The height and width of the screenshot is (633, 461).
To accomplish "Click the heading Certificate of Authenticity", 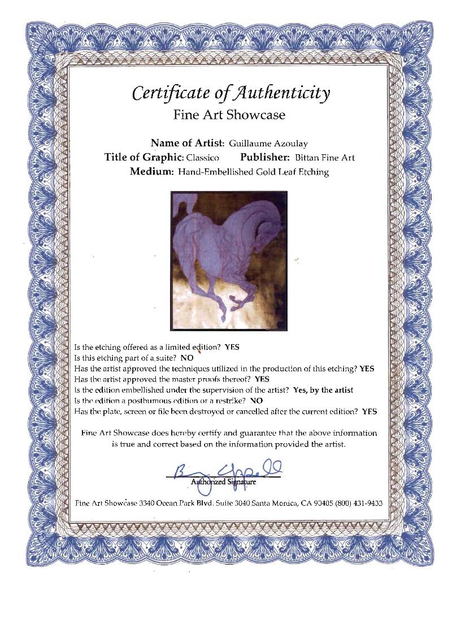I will click(x=230, y=92).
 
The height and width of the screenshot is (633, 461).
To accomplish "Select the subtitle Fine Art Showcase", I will click(x=229, y=115).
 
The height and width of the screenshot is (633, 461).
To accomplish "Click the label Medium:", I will click(x=151, y=172).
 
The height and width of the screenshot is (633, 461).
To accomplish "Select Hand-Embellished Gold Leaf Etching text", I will click(x=253, y=172).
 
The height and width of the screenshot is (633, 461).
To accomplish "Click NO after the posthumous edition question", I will click(x=256, y=400).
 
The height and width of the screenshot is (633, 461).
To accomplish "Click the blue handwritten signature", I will click(x=226, y=470).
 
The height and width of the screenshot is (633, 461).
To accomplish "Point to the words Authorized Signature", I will click(x=223, y=482).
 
